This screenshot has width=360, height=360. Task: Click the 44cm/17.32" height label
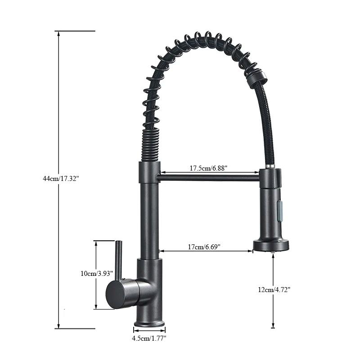(x=61, y=179)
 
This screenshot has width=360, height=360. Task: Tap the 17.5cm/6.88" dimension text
(x=208, y=168)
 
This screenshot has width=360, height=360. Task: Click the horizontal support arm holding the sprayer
(x=209, y=177)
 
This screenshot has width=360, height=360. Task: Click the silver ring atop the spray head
(x=270, y=167)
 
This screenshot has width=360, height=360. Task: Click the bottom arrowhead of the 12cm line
(x=273, y=326)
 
